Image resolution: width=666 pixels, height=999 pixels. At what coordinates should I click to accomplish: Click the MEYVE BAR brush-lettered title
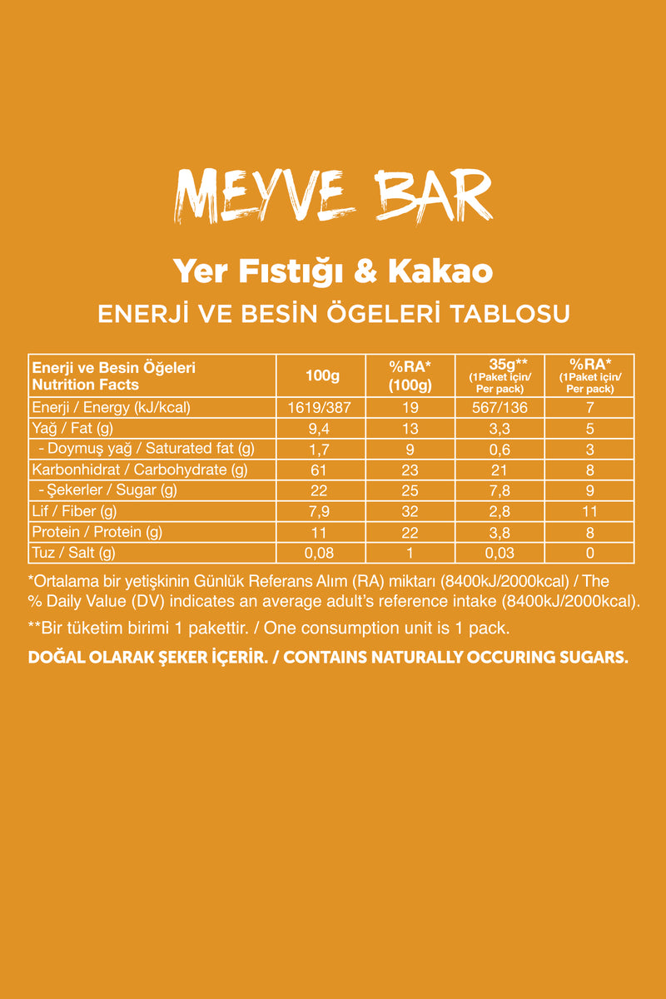pos(333,197)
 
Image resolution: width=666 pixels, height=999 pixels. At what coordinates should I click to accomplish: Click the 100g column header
pos(322,375)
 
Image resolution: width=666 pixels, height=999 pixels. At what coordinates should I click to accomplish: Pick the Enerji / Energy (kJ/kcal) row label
pos(112,408)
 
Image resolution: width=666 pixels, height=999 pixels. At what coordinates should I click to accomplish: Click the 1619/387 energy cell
pos(322,408)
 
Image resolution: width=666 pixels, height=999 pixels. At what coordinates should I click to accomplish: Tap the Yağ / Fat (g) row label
pos(72,429)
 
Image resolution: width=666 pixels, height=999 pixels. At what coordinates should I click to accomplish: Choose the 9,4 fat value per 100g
pos(322,429)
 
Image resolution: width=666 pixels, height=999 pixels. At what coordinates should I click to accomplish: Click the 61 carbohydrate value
pos(322,470)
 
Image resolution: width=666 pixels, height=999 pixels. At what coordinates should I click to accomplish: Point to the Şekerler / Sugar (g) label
pos(107,490)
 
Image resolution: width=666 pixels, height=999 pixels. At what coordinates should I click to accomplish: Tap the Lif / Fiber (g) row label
pos(73,511)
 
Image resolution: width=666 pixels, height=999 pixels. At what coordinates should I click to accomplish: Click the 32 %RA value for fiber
pos(410,511)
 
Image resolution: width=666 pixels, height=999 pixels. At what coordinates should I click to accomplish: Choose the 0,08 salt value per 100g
pos(322,553)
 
